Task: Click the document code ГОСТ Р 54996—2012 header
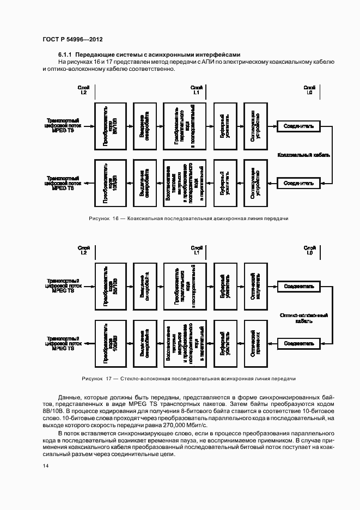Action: [x=72, y=40]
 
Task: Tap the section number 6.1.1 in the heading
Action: [x=65, y=55]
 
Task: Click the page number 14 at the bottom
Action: [x=46, y=465]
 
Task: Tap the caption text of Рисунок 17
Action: [x=188, y=378]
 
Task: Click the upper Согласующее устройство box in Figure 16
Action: [x=255, y=126]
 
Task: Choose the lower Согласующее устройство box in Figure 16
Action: [x=255, y=183]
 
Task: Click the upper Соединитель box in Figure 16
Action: [x=298, y=126]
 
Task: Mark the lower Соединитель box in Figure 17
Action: [x=298, y=343]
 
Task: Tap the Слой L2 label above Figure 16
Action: [x=83, y=90]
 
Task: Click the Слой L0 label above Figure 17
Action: [x=309, y=250]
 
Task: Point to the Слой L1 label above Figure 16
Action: [x=197, y=90]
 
